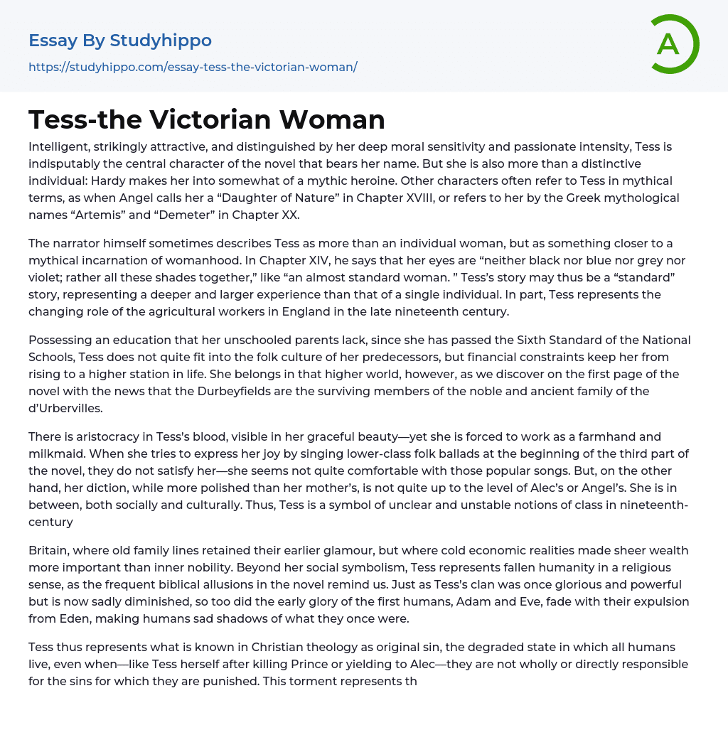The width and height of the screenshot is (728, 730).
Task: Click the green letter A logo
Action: click(674, 44)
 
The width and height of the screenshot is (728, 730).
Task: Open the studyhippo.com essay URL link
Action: click(193, 68)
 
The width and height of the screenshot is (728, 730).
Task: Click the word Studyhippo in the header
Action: click(161, 41)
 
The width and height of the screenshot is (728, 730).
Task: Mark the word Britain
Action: click(49, 550)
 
